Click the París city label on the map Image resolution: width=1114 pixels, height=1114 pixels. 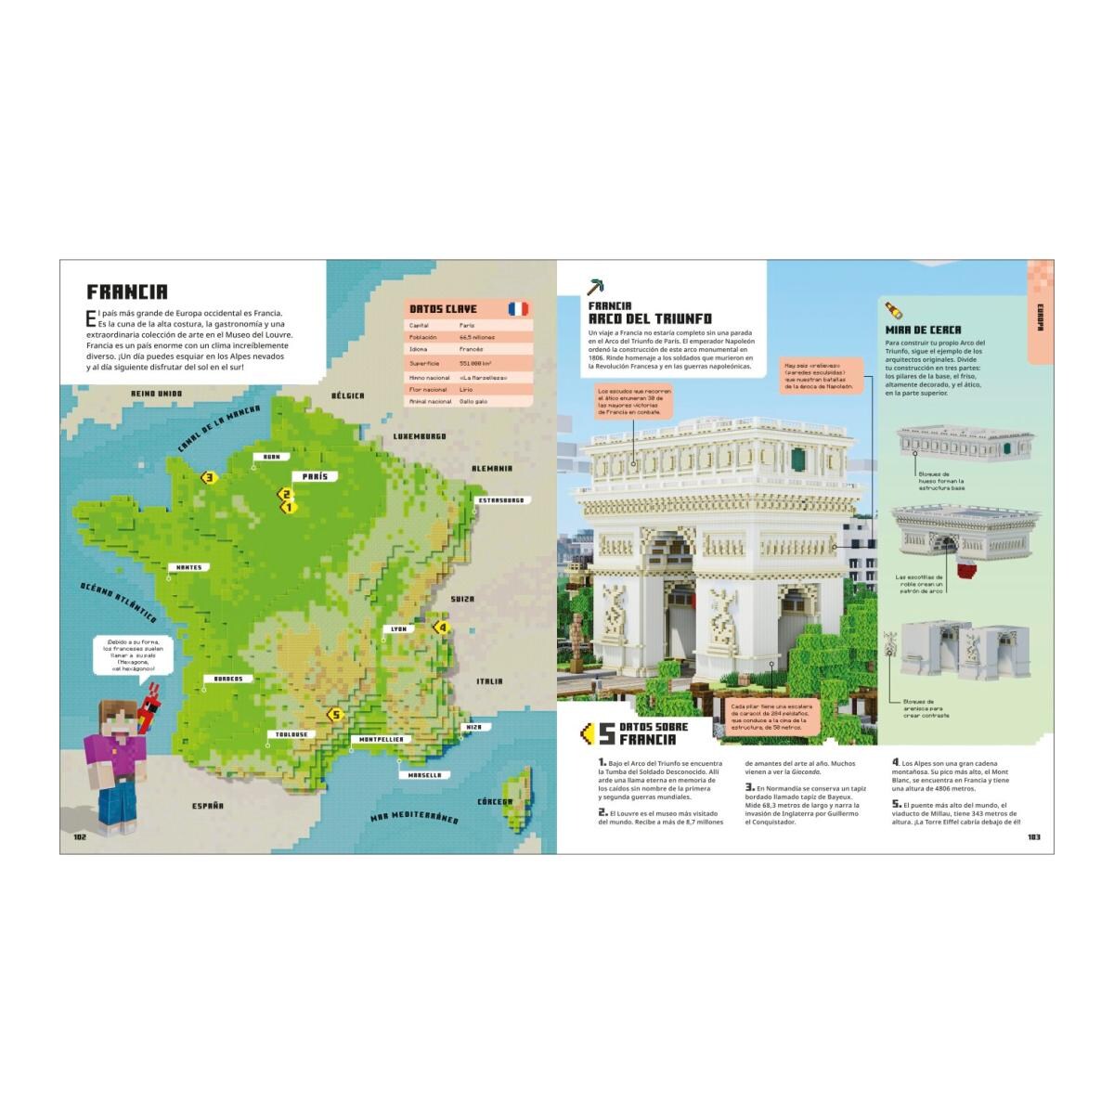[314, 475]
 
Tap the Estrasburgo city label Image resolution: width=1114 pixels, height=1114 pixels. [502, 500]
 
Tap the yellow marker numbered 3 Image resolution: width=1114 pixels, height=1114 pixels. [209, 478]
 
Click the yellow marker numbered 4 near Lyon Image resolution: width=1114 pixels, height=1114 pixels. [442, 628]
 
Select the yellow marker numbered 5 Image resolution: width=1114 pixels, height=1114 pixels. [335, 714]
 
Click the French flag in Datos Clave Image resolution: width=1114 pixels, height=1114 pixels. [517, 309]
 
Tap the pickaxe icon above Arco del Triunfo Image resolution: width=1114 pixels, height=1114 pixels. [595, 286]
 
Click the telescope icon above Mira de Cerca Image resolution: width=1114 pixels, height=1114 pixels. [891, 309]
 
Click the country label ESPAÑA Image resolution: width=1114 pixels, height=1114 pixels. [207, 806]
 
